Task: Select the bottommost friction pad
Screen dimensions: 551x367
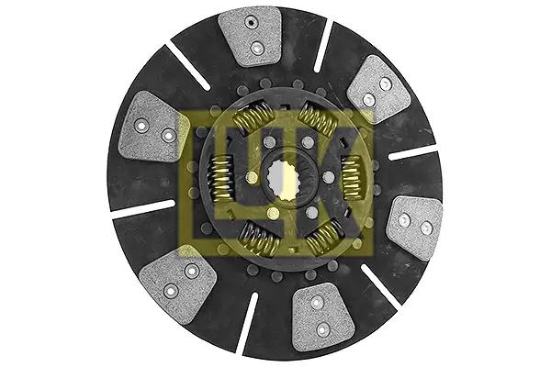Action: (322, 318)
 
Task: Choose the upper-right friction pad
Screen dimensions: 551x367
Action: (379, 89)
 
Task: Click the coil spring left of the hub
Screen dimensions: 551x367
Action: (220, 179)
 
